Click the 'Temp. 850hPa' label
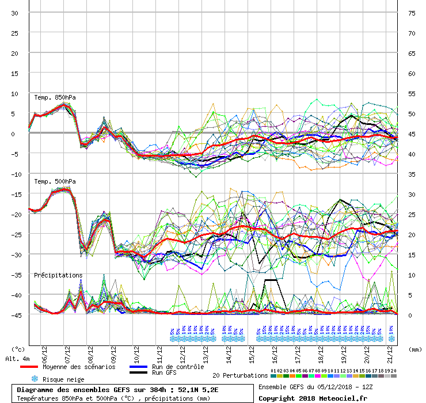coord(55,97)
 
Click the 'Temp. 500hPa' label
coord(55,181)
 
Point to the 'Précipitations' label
coord(58,275)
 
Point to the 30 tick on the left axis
coord(14,13)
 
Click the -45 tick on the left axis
coord(13,315)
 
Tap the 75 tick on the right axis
coord(412,13)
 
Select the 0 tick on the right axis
coord(410,315)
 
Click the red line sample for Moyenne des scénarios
coord(37,367)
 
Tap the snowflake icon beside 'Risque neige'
coord(34,379)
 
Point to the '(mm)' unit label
coord(414,349)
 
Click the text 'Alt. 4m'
coord(17,359)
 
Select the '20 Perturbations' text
coord(240,375)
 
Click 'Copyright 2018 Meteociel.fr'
coord(313,398)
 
